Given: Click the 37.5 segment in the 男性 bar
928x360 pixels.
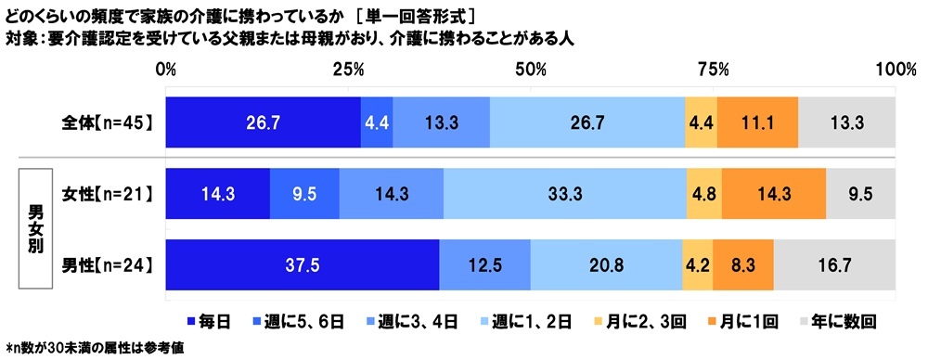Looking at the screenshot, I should (302, 264).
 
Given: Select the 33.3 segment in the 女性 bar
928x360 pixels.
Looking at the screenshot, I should (565, 194).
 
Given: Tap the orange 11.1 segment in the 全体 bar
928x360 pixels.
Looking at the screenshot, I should (757, 122).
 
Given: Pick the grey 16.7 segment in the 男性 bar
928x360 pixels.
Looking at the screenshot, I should (834, 264).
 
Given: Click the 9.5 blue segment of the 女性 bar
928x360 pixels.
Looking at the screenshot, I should (304, 194).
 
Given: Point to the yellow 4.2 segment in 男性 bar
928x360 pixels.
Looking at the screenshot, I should (696, 264).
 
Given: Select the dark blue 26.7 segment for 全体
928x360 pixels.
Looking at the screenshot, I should (263, 122).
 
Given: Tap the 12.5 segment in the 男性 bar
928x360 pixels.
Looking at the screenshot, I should (484, 264).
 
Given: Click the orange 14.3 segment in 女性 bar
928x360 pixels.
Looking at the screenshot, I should (773, 194).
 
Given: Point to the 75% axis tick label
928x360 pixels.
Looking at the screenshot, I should (712, 70).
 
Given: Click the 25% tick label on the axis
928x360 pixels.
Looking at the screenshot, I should (347, 70).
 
